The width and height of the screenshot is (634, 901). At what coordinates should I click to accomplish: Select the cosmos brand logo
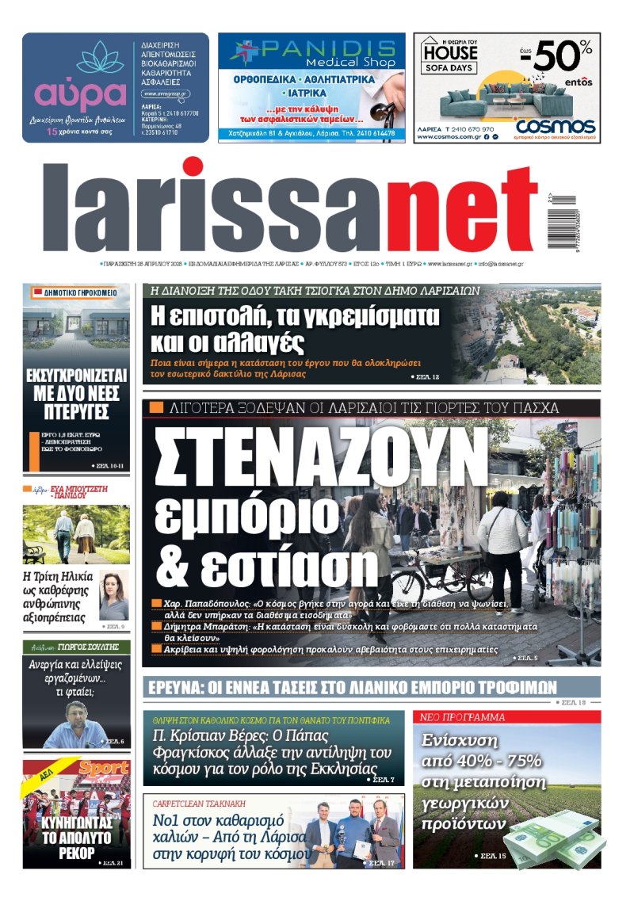click(555, 125)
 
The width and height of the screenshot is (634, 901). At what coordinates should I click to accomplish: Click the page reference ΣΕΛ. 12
click(425, 376)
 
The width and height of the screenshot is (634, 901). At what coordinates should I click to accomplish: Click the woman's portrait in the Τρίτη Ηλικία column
click(113, 594)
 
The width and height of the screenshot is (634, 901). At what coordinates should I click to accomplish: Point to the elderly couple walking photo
click(75, 535)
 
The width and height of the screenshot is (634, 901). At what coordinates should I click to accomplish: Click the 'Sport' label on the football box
click(104, 768)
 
